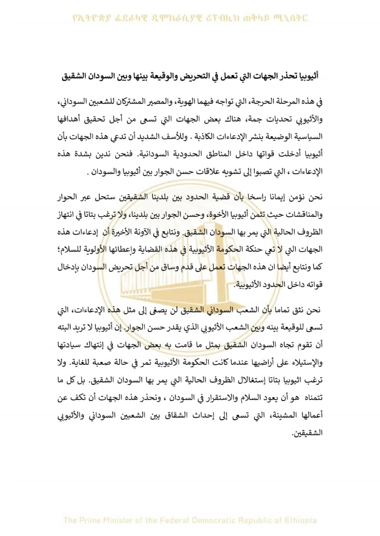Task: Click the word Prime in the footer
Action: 93,521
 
